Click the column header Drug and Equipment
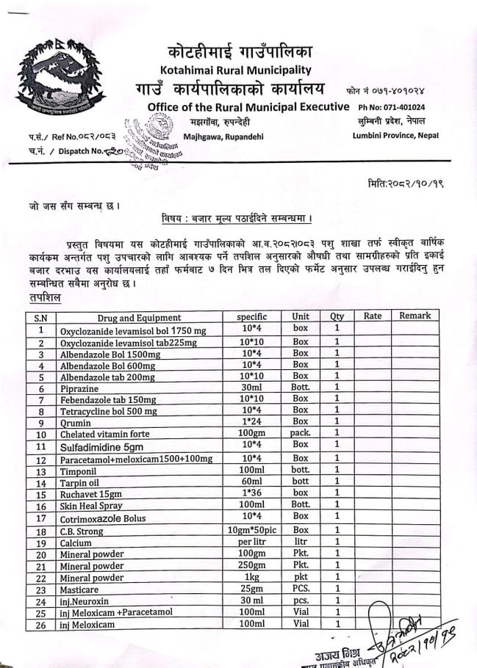click(139, 317)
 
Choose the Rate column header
click(372, 316)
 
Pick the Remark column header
click(415, 316)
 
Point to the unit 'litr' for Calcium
click(301, 542)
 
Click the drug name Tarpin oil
click(81, 483)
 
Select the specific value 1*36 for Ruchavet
click(250, 495)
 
